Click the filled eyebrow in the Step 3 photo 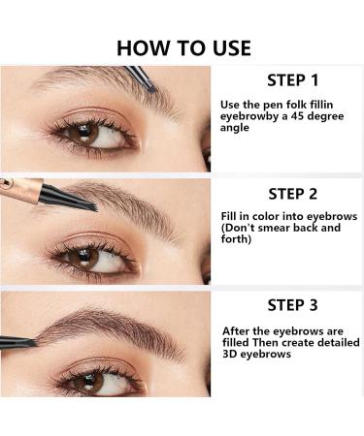107,325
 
